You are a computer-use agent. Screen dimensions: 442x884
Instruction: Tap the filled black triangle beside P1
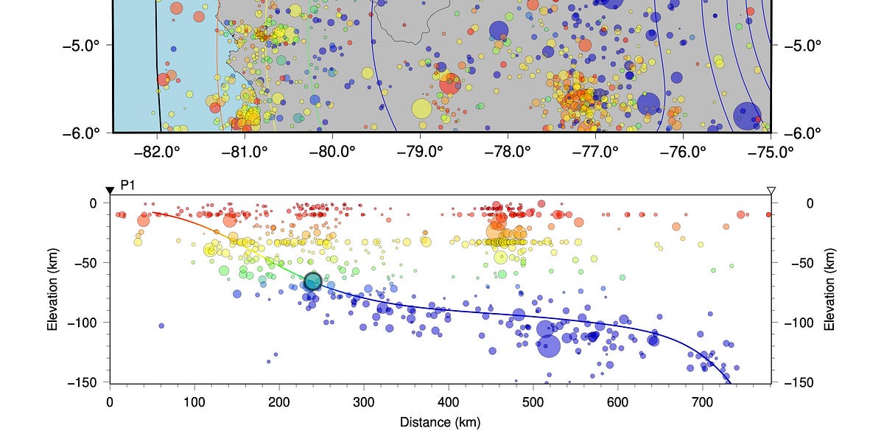(x=110, y=191)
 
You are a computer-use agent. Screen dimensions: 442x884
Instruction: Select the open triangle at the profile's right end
(x=771, y=191)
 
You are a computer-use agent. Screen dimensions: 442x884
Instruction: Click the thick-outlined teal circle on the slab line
(x=313, y=281)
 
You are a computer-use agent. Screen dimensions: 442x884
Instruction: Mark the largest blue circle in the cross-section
(x=549, y=345)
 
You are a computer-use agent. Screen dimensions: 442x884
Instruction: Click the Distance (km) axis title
(x=440, y=423)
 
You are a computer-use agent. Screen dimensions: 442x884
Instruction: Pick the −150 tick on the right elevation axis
(x=798, y=383)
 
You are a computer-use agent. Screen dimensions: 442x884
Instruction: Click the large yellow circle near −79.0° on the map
(x=421, y=108)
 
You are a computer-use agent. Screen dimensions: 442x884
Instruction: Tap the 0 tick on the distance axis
(x=110, y=402)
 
